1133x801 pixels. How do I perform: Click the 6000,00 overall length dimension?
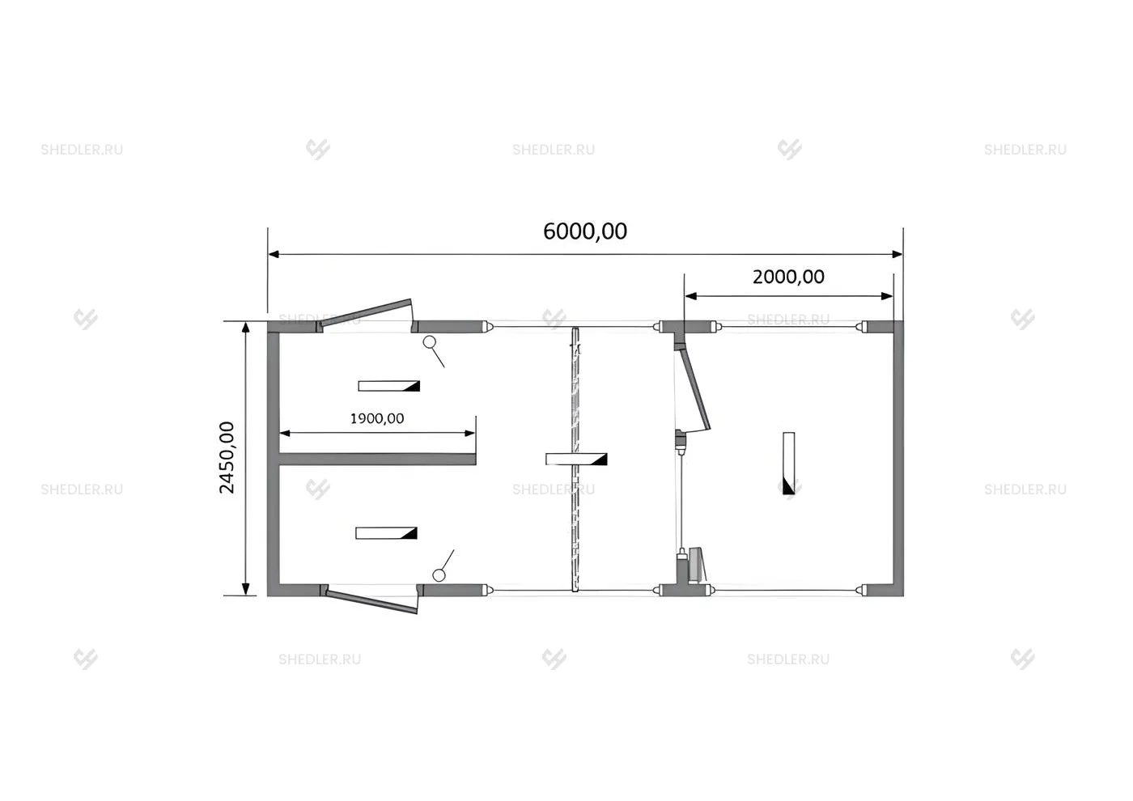[585, 231]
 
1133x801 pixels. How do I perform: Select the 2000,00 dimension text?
[788, 277]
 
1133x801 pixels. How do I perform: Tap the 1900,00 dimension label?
[377, 418]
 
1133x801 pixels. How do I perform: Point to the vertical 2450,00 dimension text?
[227, 457]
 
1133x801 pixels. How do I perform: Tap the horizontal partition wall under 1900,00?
[377, 460]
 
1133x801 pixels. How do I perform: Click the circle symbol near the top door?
[430, 341]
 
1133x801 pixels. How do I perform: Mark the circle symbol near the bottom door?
[439, 575]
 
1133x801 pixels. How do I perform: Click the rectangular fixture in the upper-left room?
[389, 386]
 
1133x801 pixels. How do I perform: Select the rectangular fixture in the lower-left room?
[387, 533]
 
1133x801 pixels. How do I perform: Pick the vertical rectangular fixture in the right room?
[788, 463]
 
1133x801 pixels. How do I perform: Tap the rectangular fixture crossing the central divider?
[576, 460]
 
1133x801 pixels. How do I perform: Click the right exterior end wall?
[898, 459]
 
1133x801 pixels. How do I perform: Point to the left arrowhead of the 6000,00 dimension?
[274, 254]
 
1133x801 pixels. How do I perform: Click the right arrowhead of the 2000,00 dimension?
[887, 296]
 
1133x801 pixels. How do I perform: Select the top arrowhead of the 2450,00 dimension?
[246, 328]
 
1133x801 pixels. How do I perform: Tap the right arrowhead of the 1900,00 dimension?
[470, 433]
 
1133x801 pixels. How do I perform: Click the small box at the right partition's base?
[697, 565]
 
